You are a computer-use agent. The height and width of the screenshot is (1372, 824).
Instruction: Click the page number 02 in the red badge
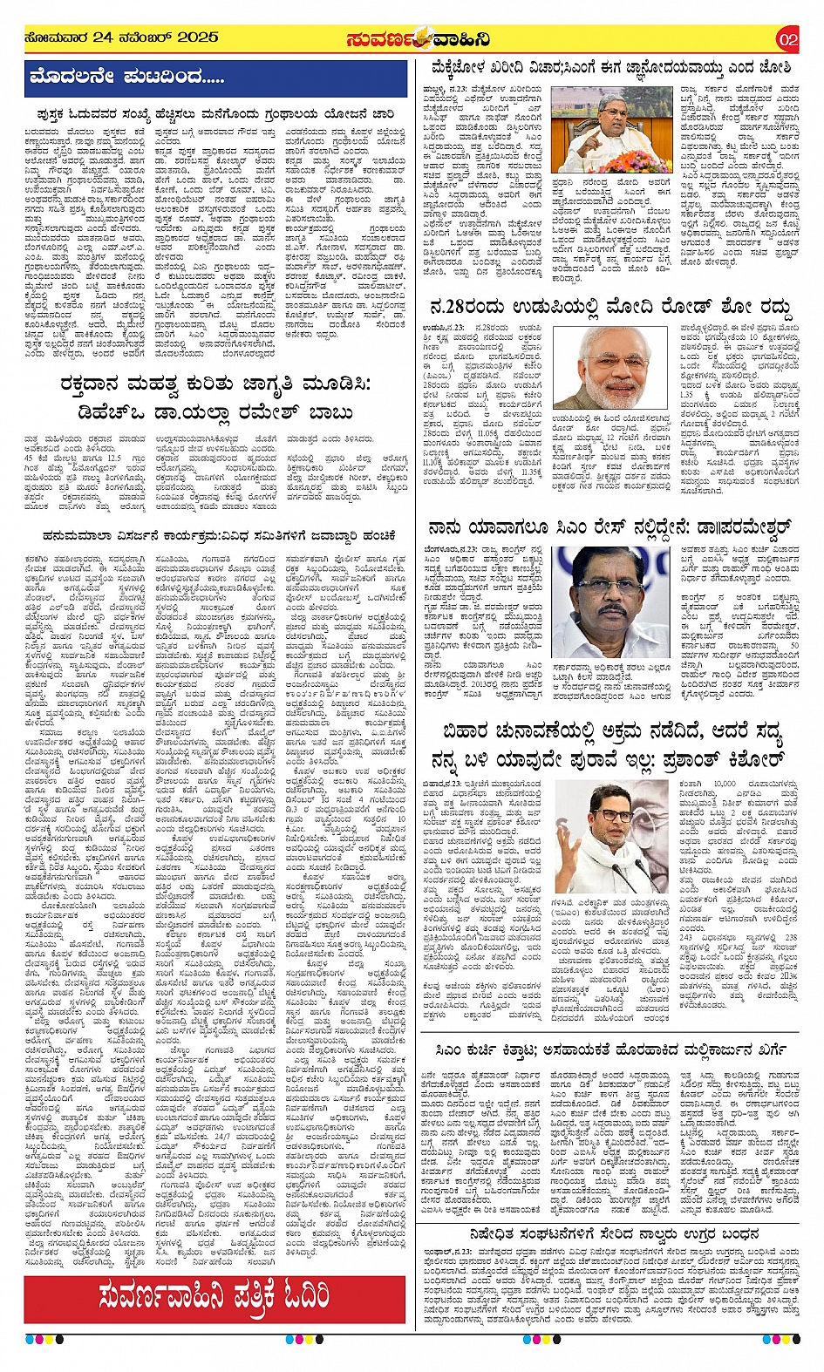click(787, 39)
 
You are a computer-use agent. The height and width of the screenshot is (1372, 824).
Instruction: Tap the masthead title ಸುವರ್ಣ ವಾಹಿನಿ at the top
click(417, 40)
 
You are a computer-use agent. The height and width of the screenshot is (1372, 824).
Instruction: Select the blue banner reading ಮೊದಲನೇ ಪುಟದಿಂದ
click(126, 77)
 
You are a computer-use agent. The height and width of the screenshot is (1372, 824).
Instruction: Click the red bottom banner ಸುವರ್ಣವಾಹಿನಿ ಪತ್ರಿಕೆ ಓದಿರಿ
click(215, 1295)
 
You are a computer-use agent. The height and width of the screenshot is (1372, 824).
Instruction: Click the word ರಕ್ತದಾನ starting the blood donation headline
click(95, 384)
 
